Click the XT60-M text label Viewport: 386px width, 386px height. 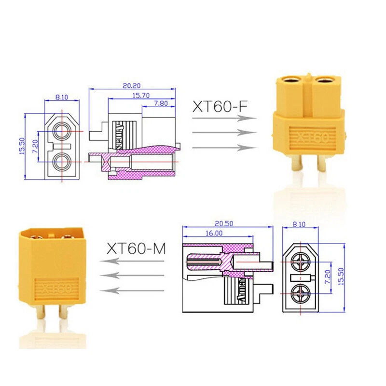[x=136, y=248]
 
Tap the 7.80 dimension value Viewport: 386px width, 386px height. [x=161, y=104]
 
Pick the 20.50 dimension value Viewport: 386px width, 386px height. [x=227, y=223]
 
